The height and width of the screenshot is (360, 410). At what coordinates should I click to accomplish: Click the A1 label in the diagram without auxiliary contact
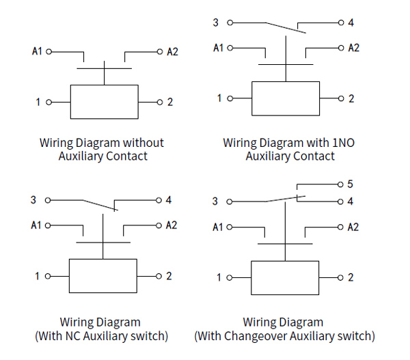37,51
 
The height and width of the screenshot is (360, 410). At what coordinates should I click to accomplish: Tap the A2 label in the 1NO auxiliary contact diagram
353,48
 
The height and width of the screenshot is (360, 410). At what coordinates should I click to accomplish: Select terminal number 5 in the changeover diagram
350,184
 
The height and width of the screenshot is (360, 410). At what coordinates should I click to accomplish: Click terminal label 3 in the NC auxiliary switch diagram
33,200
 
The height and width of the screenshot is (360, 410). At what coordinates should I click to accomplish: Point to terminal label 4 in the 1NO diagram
351,23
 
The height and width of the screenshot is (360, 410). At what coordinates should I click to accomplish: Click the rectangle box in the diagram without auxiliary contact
105,102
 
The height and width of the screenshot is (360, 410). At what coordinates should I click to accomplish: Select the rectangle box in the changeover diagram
285,277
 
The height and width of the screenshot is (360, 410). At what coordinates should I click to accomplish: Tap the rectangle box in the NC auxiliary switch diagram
102,276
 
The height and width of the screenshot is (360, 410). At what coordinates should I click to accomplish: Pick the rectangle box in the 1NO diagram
285,99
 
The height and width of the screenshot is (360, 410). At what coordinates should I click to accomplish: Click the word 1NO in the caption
342,143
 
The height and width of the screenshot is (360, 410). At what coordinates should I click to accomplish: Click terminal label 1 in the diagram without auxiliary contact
38,102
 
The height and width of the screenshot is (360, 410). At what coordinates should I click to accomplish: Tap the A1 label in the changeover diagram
218,227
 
